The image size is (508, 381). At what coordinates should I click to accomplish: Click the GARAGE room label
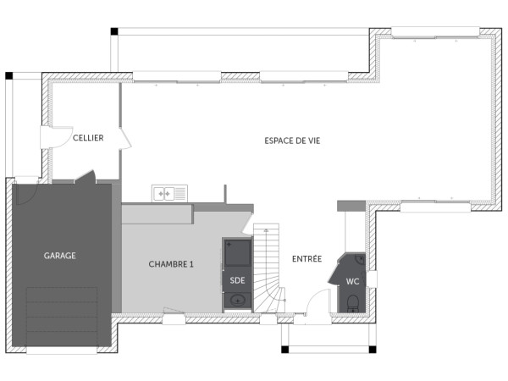(60, 255)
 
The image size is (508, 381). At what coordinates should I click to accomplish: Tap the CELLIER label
(88, 138)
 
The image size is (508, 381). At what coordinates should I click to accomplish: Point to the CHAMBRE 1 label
(172, 264)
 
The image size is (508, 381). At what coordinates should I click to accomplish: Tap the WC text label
(352, 280)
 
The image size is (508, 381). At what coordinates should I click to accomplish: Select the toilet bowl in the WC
(351, 301)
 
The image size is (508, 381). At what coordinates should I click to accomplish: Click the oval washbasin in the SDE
(237, 299)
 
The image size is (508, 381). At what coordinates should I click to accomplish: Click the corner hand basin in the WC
(360, 260)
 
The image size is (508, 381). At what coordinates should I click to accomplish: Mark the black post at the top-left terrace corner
(113, 32)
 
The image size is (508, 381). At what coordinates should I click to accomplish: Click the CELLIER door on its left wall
(52, 137)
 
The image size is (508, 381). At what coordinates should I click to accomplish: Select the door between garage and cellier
(84, 178)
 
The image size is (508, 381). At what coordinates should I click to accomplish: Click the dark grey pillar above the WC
(350, 206)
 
